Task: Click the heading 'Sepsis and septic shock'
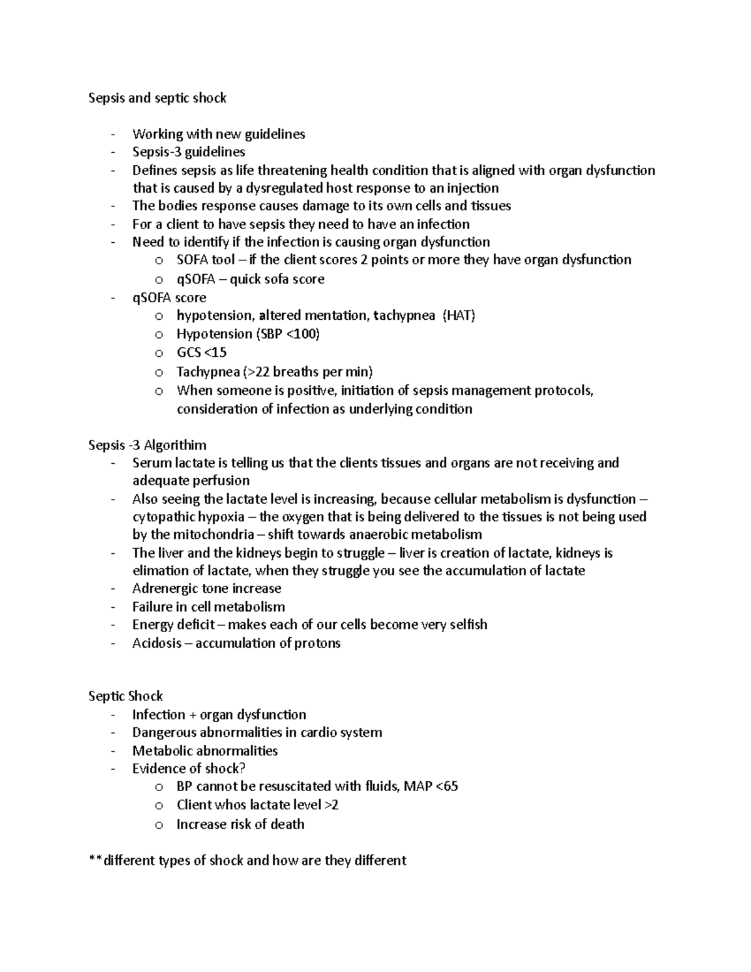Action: pos(157,98)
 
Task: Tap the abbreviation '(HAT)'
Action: pos(459,315)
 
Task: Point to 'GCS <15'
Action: pos(202,352)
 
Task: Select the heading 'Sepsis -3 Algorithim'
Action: pos(147,445)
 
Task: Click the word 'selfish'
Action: pos(468,625)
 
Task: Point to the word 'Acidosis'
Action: pos(157,643)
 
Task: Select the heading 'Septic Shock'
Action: pos(125,697)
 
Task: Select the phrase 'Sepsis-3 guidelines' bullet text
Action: pos(188,152)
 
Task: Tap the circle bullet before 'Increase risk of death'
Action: pos(159,825)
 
